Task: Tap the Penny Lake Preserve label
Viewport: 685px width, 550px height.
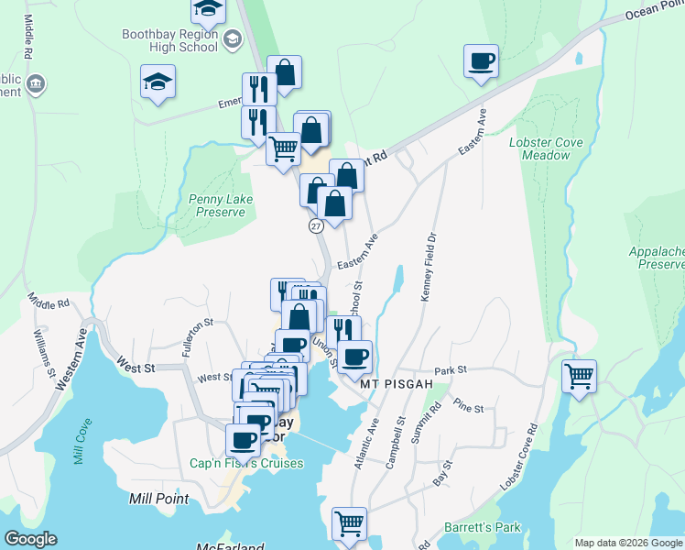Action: pyautogui.click(x=217, y=205)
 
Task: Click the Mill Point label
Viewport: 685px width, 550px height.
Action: pyautogui.click(x=158, y=499)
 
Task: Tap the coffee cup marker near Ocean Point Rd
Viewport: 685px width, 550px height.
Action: pyautogui.click(x=481, y=62)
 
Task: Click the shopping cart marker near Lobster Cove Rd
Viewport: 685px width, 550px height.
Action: pyautogui.click(x=579, y=376)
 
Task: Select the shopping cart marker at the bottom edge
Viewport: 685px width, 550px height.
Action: pyautogui.click(x=349, y=524)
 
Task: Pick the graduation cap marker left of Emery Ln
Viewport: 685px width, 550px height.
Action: pyautogui.click(x=158, y=82)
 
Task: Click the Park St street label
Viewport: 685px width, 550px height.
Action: pyautogui.click(x=451, y=370)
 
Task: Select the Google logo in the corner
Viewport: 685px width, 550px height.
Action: pyautogui.click(x=30, y=539)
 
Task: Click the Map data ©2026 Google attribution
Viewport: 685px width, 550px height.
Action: pyautogui.click(x=627, y=542)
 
